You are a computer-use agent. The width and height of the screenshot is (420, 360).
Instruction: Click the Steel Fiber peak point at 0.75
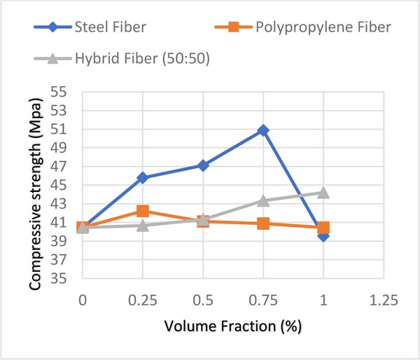[263, 130]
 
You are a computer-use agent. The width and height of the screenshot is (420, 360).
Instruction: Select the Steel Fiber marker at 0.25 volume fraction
[143, 177]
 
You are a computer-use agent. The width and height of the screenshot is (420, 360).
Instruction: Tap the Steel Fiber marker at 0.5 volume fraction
[203, 165]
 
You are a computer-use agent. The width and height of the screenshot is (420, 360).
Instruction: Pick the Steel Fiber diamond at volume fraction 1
[323, 236]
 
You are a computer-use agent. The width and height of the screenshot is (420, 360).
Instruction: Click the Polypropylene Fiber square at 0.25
[143, 211]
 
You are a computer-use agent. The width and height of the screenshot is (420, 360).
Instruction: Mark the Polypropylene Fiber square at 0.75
[263, 223]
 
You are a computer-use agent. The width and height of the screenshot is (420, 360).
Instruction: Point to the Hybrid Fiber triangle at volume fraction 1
[323, 192]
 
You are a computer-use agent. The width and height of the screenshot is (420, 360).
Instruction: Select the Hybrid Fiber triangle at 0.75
[263, 200]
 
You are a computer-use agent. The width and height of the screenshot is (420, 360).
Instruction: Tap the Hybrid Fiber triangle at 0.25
[143, 225]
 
